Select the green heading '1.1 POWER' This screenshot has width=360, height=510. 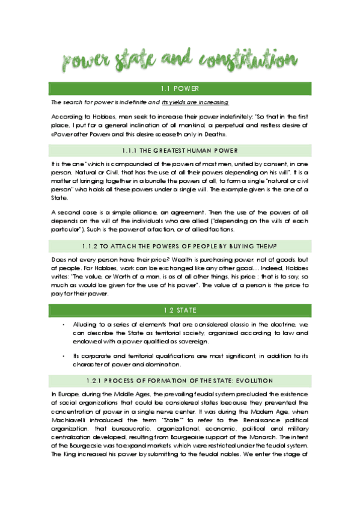pos(180,88)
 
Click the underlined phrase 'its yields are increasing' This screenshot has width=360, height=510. pos(195,103)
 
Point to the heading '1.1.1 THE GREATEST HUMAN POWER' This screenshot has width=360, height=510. pos(180,150)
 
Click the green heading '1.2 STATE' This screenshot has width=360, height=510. pos(180,310)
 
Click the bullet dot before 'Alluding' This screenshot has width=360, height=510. pos(64,324)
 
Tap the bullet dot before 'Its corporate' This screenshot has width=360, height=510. pos(64,355)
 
